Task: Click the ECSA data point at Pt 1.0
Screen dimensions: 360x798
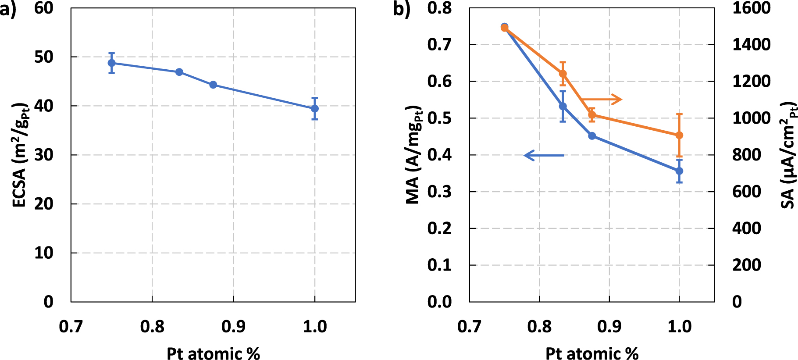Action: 314,108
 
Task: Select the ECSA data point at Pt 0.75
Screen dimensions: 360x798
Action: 112,63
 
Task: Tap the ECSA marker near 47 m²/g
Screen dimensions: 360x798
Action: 179,72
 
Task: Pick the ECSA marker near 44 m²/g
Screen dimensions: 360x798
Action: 213,85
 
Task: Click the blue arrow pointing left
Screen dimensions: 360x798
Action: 544,155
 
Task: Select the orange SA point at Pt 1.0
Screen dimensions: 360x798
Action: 679,135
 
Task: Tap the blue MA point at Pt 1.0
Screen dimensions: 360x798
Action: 679,171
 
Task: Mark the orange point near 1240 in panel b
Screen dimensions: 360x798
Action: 563,74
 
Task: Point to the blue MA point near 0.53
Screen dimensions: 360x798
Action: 563,106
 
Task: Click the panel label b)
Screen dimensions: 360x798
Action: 401,9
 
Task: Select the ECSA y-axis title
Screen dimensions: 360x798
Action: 20,155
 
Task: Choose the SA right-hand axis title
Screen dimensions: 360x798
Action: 788,155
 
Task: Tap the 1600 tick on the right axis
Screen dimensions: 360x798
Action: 751,8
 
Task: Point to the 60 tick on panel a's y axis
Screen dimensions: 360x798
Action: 44,8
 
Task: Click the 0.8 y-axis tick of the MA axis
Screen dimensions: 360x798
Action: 439,8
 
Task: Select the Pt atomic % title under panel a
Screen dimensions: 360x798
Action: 213,353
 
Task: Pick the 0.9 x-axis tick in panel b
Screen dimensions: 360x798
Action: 609,327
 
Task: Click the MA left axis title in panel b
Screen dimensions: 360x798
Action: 413,155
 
